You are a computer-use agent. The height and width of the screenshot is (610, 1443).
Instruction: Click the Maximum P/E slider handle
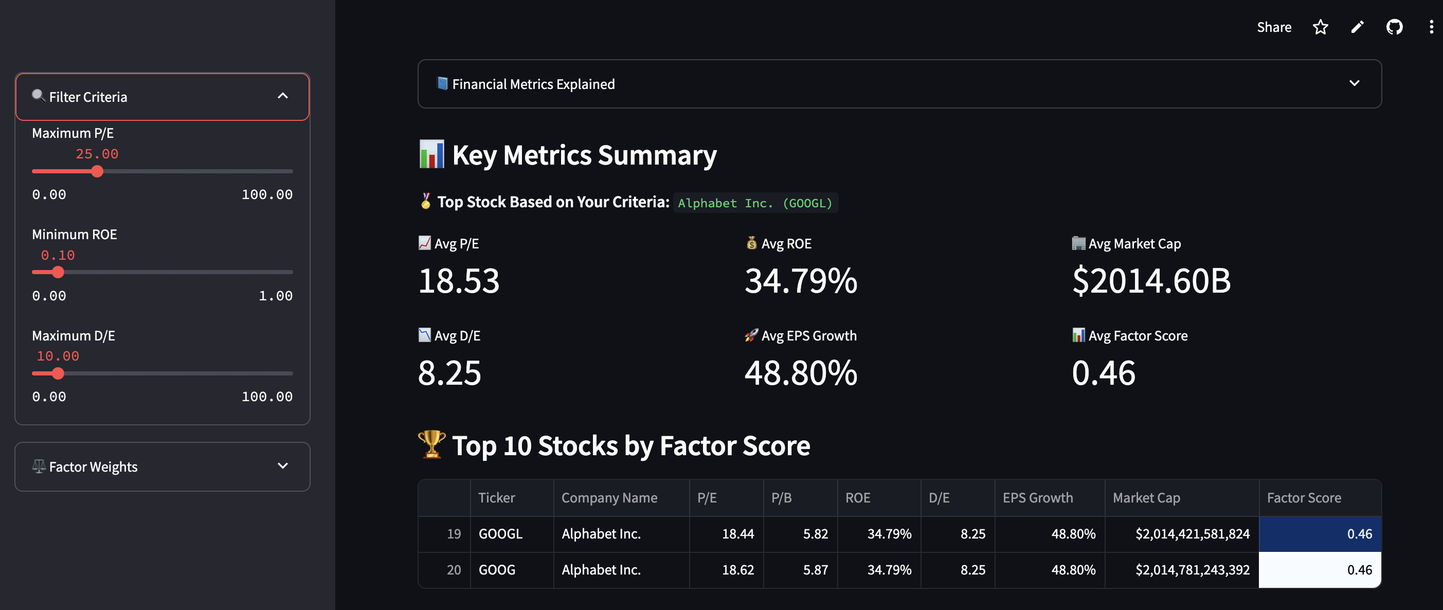[98, 171]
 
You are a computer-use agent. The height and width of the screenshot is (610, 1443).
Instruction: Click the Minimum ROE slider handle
[58, 272]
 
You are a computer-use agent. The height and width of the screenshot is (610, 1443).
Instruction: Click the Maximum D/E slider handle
[58, 373]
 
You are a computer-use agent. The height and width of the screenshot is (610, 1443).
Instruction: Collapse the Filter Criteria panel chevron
[283, 96]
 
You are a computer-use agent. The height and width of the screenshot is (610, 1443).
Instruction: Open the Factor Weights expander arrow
[283, 466]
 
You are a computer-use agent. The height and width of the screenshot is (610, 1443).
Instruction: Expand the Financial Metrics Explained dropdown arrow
[1354, 83]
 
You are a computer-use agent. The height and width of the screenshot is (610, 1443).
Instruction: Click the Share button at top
[1274, 27]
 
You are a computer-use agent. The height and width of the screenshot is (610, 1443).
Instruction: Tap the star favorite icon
[1320, 27]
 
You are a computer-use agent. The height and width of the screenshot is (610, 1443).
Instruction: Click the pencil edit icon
[1357, 27]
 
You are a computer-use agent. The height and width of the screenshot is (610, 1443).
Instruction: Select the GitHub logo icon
[1394, 27]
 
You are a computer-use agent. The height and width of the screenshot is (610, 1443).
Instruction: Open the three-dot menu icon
[1431, 27]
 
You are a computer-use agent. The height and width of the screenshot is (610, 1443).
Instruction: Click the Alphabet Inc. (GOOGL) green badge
[755, 203]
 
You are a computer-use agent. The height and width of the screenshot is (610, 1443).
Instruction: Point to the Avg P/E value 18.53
[459, 281]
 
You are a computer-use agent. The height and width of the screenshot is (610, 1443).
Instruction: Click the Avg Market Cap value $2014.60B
[1151, 281]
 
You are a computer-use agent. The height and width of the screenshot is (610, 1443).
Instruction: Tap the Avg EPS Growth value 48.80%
[801, 373]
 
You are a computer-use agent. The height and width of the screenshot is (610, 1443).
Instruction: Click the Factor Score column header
[1304, 498]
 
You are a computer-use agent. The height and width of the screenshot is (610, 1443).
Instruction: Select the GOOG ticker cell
[497, 570]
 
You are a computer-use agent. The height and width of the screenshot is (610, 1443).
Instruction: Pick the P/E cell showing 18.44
[737, 534]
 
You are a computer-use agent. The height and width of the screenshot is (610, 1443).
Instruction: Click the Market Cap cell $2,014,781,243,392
[1192, 570]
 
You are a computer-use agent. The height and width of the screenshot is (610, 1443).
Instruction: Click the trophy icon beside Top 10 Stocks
[432, 445]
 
